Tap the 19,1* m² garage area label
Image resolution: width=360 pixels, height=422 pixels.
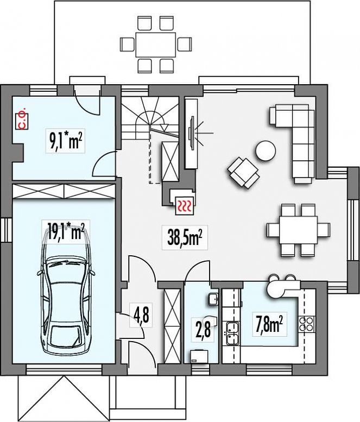coord(66,231)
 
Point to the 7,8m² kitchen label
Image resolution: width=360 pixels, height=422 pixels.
coord(269,324)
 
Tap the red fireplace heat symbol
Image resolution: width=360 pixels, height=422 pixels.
coord(184,206)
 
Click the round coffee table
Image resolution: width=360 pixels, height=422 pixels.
coord(266,151)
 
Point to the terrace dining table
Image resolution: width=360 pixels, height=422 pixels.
coord(156,45)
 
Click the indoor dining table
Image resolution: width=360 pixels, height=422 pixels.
coord(299,230)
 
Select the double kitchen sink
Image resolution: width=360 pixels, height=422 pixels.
coord(232,333)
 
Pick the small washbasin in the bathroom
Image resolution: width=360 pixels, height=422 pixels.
coord(213,299)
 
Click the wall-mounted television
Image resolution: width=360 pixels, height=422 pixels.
coord(192,133)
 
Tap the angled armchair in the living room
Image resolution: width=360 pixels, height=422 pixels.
coord(243,173)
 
